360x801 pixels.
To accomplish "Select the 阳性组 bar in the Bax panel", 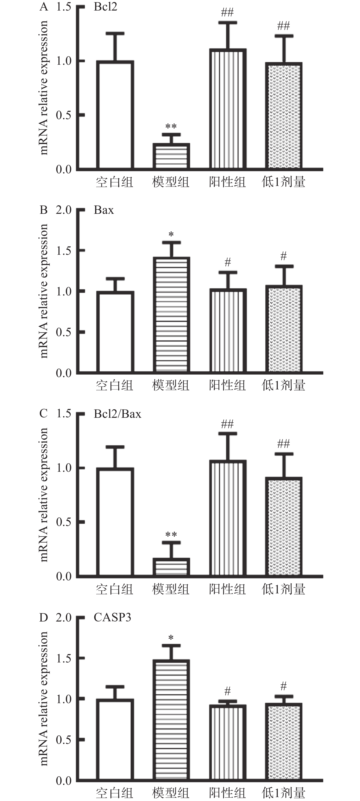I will (x=228, y=331).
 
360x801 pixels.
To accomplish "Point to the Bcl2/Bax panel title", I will (x=117, y=414).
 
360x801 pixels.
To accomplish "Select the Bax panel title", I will (x=104, y=210).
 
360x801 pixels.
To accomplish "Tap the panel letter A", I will (x=44, y=7).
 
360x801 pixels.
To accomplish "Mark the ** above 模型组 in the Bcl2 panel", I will (x=171, y=126).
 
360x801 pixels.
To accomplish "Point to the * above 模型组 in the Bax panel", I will (x=171, y=234).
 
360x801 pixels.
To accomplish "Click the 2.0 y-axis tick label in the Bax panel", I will (x=64, y=210).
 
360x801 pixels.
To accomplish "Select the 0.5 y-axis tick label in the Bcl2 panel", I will (x=64, y=115).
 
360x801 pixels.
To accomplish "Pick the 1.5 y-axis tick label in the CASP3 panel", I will (x=64, y=658).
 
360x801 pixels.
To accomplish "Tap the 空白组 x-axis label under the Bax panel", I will (x=115, y=386).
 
